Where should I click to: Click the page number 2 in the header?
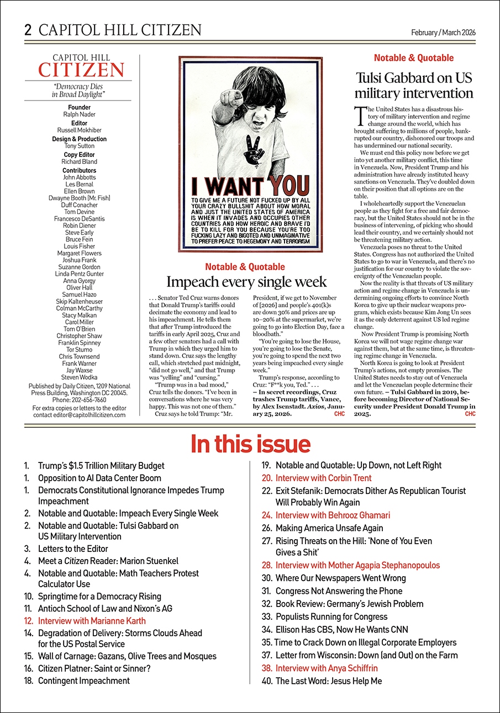click(28, 30)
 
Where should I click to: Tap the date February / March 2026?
click(443, 32)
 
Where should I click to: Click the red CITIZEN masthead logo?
click(81, 70)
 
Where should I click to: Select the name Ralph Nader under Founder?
click(80, 114)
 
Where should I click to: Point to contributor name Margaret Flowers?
click(80, 253)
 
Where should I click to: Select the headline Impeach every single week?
click(246, 282)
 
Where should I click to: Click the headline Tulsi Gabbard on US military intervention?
click(414, 84)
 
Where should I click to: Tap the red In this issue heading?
click(250, 443)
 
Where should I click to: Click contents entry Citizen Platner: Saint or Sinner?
click(94, 668)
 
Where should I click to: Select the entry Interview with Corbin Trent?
click(323, 478)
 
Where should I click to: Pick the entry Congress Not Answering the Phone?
click(339, 590)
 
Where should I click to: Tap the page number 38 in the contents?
click(267, 668)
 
